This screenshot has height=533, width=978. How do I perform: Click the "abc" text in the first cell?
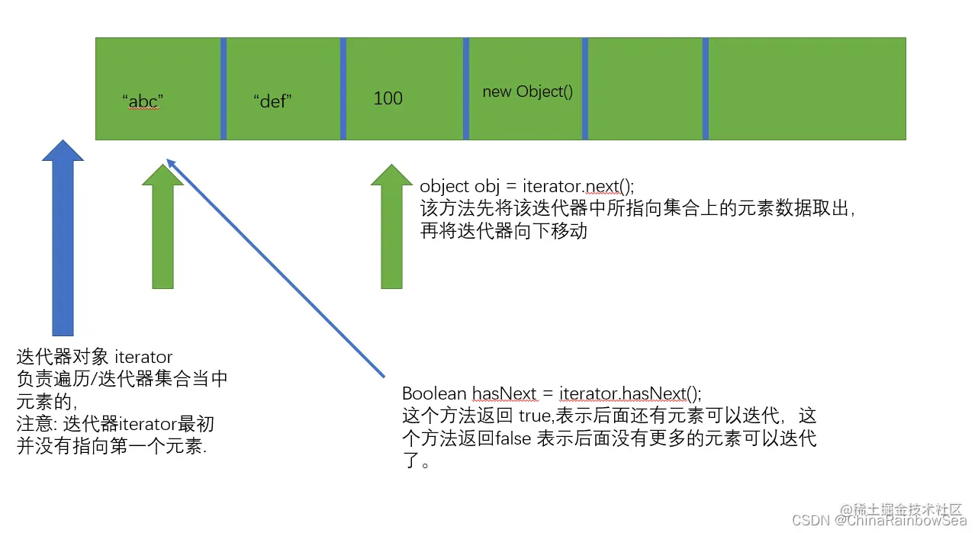pos(143,101)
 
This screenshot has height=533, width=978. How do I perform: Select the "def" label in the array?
pos(272,101)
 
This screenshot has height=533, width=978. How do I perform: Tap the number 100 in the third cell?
pos(388,98)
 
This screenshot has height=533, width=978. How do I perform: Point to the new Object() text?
pos(527,92)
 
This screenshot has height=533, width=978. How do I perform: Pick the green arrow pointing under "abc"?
pos(162,229)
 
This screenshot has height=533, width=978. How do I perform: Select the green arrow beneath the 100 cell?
pos(391,229)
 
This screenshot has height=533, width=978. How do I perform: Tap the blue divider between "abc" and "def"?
pos(224,88)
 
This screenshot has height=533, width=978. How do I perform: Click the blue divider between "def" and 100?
pos(343,88)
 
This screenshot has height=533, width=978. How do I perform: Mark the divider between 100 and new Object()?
pos(466,88)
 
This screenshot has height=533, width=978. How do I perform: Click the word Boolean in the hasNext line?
pos(434,393)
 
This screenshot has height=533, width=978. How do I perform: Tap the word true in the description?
pos(535,416)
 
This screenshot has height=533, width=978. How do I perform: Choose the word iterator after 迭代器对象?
pos(143,356)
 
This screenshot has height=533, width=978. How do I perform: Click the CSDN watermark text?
pos(811,521)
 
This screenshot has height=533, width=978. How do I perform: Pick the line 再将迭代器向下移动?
pos(503,231)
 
